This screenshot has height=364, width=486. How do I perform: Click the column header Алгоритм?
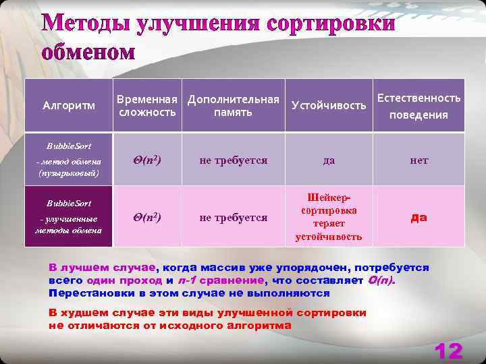pyautogui.click(x=69, y=105)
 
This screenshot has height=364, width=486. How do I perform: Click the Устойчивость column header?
pyautogui.click(x=329, y=105)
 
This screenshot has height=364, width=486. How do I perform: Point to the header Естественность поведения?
pyautogui.click(x=418, y=106)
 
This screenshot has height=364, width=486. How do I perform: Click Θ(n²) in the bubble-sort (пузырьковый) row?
pyautogui.click(x=148, y=160)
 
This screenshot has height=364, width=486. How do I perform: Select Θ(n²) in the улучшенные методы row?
pyautogui.click(x=148, y=217)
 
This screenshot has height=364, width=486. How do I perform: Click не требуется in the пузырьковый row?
pyautogui.click(x=233, y=160)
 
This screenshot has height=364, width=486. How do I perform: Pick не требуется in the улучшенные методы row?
pyautogui.click(x=233, y=217)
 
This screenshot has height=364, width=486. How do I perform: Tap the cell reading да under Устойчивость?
pyautogui.click(x=329, y=160)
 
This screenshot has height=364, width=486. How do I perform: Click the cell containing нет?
pyautogui.click(x=418, y=160)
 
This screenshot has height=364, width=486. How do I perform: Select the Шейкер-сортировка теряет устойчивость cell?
pyautogui.click(x=329, y=216)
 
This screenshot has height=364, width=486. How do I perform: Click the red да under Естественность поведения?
pyautogui.click(x=418, y=217)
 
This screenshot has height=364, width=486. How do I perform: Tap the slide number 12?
pyautogui.click(x=448, y=351)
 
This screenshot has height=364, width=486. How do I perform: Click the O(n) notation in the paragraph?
pyautogui.click(x=382, y=280)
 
